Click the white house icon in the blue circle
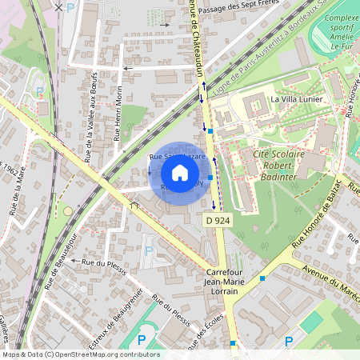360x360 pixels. [x=179, y=173]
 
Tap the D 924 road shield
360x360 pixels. [x=218, y=219]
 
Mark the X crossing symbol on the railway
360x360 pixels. [x=58, y=6]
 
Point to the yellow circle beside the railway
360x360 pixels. [x=67, y=211]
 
